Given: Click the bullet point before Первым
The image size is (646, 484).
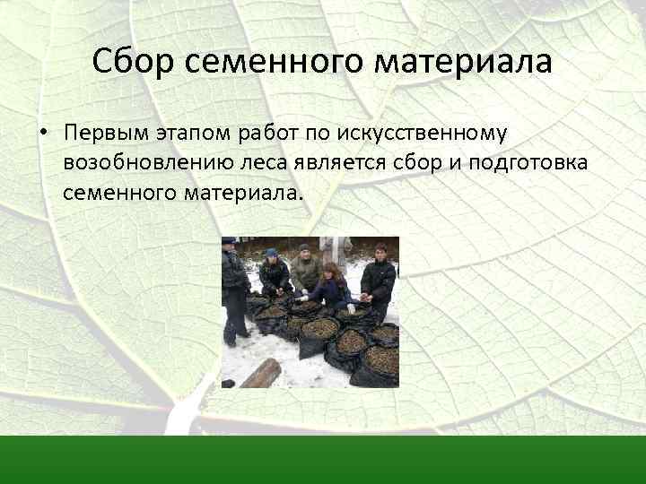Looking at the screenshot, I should [42, 134].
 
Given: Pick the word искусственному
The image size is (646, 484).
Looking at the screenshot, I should [423, 134].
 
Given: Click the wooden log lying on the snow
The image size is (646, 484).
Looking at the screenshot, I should [260, 373].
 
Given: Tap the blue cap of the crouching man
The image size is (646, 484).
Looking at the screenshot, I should [271, 253].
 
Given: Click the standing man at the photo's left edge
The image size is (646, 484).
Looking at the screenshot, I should [234, 287].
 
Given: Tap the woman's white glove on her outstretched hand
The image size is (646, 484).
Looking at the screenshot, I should [302, 298].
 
